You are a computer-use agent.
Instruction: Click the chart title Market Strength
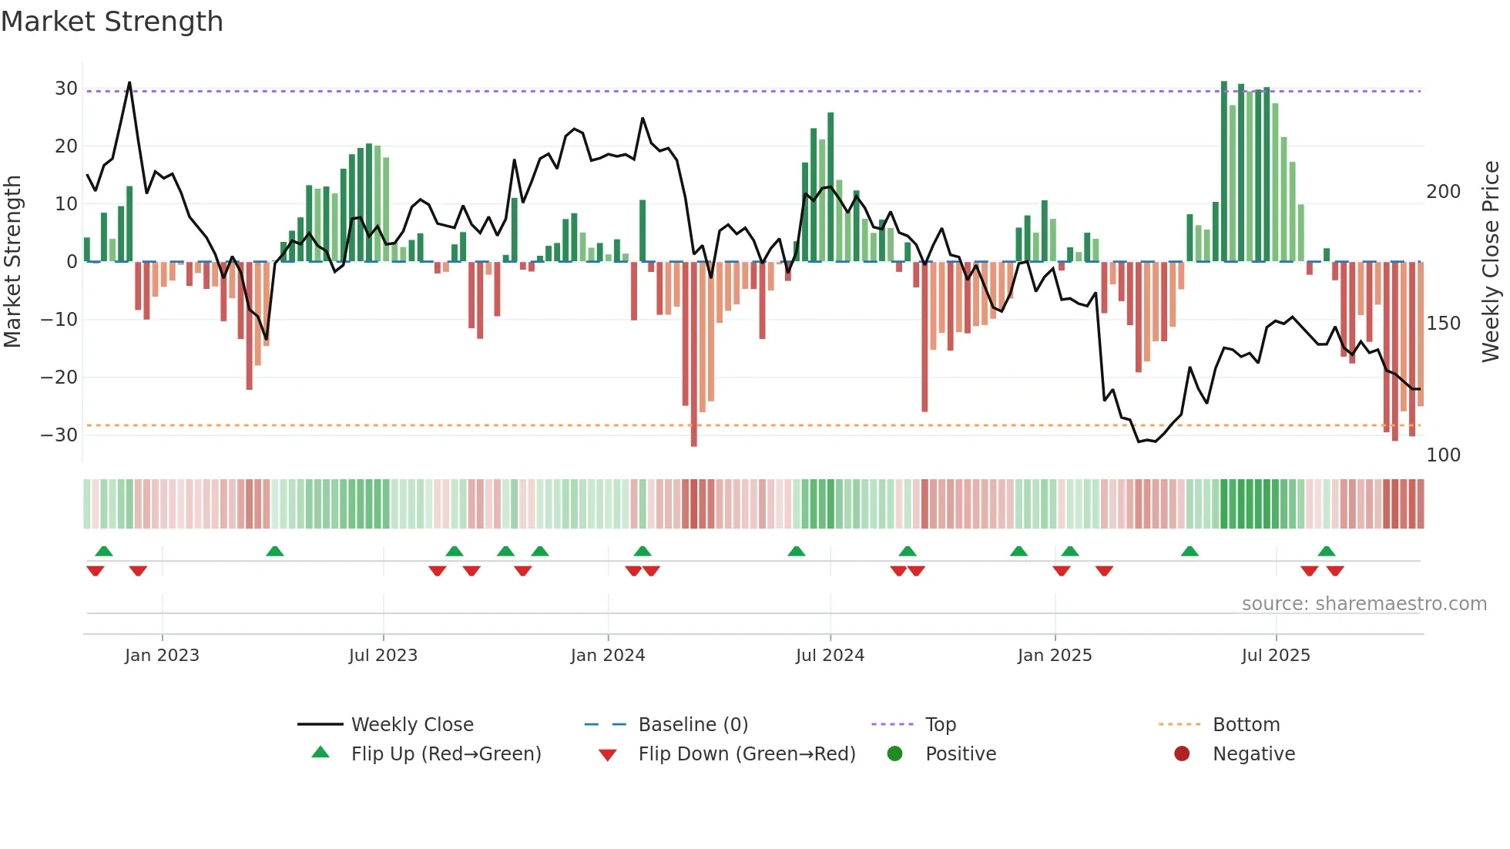pyautogui.click(x=112, y=22)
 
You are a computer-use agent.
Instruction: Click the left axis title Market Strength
pyautogui.click(x=13, y=261)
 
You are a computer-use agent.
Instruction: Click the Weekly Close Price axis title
pyautogui.click(x=1491, y=261)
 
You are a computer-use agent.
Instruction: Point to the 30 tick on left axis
pyautogui.click(x=66, y=89)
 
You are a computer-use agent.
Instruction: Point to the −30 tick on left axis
pyautogui.click(x=60, y=435)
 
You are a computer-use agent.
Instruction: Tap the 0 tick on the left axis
pyautogui.click(x=72, y=262)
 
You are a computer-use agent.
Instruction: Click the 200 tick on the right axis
pyautogui.click(x=1443, y=192)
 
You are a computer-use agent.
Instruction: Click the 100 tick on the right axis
pyautogui.click(x=1443, y=455)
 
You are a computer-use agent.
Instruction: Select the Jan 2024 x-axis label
pyautogui.click(x=608, y=656)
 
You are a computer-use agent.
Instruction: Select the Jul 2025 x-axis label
pyautogui.click(x=1276, y=656)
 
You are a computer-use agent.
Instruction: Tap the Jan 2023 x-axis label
pyautogui.click(x=162, y=656)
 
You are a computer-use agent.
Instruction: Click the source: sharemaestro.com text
pyautogui.click(x=1364, y=604)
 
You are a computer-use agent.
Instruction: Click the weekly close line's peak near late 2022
pyautogui.click(x=129, y=82)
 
